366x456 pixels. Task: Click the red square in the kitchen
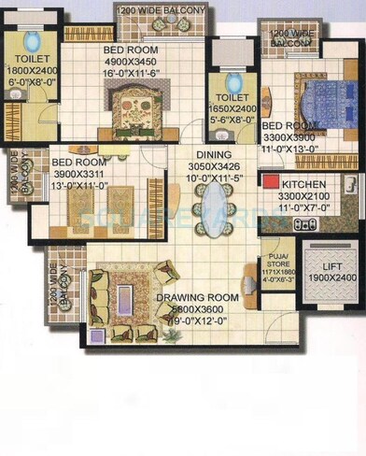click(271, 184)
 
